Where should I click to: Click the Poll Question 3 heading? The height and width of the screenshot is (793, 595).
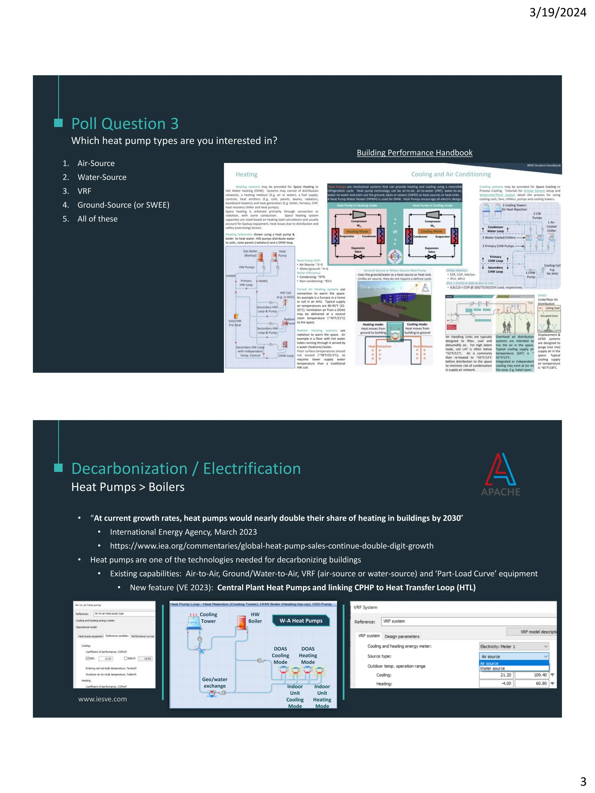coord(125,124)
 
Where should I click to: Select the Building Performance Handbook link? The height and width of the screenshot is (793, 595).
coord(414,153)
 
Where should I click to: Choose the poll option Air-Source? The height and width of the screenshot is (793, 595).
coord(96,163)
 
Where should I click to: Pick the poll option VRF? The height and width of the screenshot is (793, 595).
coord(84,191)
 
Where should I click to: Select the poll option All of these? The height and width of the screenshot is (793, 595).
coord(97,219)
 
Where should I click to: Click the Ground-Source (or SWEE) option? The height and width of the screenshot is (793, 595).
coord(123,205)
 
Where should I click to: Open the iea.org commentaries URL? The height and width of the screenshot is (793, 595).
coord(272,546)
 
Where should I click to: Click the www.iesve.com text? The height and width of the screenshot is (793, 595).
coord(103,699)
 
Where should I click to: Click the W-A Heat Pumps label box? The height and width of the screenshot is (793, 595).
coord(301,621)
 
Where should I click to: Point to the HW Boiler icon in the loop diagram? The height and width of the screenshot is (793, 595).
coord(241,623)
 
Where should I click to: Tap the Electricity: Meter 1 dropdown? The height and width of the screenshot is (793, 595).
coord(514,646)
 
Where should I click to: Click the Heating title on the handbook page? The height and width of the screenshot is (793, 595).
coord(246,175)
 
